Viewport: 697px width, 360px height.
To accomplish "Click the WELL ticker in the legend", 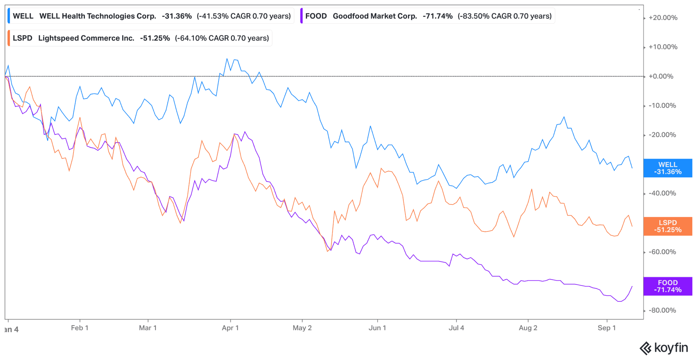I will [23, 16].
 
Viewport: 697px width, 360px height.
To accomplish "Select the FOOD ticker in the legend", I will [316, 16].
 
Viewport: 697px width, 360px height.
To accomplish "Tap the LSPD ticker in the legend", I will [22, 38].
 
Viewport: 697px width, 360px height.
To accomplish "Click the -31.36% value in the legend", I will [177, 16].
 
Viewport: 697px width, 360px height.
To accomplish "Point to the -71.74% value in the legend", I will [438, 16].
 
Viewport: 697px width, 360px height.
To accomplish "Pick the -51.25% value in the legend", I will [155, 38].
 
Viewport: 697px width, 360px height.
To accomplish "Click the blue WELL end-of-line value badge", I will [667, 168].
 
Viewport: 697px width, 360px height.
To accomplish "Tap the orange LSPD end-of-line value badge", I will [667, 226].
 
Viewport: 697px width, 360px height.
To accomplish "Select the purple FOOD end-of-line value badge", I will [667, 286].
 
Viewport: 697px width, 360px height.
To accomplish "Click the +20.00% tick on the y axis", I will [663, 18].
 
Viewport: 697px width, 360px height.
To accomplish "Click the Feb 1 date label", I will [80, 328].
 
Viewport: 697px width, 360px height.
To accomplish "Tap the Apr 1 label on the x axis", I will [230, 328].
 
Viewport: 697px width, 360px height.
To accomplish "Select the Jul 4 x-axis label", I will [456, 328].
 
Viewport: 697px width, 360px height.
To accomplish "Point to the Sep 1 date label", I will [606, 328].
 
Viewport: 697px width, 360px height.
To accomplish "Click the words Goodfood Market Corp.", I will [375, 16].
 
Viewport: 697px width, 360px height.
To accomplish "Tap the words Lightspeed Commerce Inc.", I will [86, 38].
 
